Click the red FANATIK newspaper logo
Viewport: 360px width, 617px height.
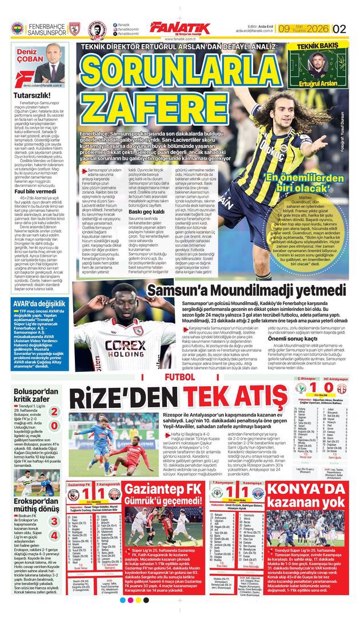[179, 27]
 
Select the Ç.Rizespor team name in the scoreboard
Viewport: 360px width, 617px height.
[303, 379]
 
